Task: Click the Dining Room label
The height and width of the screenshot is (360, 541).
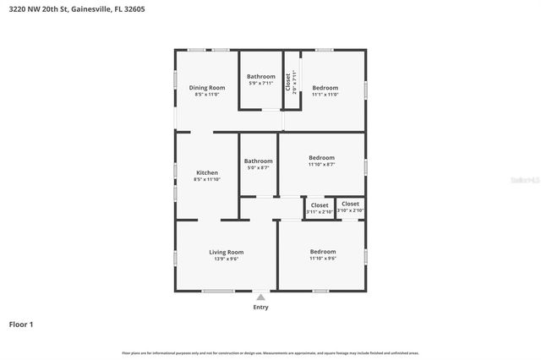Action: point(206,88)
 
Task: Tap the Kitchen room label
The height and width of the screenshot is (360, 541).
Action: point(207,172)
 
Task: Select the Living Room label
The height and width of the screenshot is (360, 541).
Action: point(226,252)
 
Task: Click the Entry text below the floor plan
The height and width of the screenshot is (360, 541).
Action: point(260,307)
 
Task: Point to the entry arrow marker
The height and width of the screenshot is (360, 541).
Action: point(260,297)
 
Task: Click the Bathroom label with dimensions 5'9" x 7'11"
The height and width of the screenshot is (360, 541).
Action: point(260,77)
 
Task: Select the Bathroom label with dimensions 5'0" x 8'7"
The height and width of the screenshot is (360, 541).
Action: point(258,161)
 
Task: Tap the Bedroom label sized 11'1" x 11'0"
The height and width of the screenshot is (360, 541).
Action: point(325,88)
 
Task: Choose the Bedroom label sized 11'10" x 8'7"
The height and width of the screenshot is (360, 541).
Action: point(321,158)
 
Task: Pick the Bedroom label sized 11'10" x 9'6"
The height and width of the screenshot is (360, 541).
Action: point(322,252)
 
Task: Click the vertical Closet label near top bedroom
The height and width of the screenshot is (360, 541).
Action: point(288,81)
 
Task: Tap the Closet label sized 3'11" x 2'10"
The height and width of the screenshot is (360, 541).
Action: point(320,205)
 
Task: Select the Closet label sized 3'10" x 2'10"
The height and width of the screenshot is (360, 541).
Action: point(350,204)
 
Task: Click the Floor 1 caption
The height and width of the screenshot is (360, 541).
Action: point(21,324)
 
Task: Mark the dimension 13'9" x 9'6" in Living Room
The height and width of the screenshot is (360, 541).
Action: point(226,259)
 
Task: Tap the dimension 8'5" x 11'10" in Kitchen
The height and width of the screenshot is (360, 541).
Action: point(207,179)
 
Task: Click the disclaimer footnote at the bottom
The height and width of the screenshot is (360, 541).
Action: point(270,352)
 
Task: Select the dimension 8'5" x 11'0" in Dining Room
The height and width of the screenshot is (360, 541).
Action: point(206,95)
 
